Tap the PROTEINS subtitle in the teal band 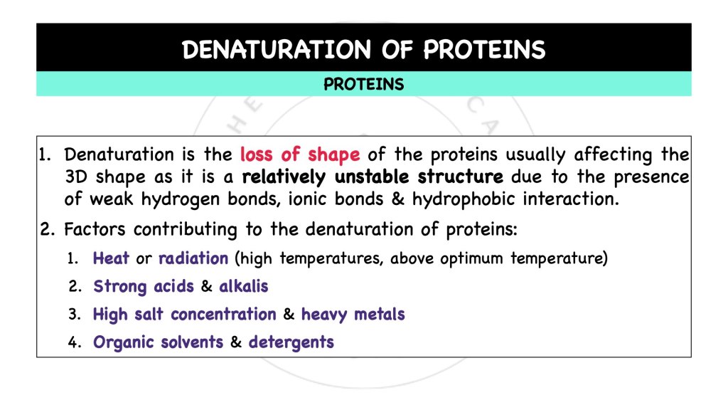tap(363, 85)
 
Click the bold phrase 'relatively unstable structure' tap(373, 177)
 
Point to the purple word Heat tap(112, 258)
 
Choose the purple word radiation tap(193, 258)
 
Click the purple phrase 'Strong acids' tap(143, 286)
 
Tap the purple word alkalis tap(244, 286)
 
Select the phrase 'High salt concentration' tap(184, 314)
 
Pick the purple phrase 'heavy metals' tap(353, 314)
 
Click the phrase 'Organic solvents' tap(158, 342)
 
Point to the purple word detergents tap(291, 342)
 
